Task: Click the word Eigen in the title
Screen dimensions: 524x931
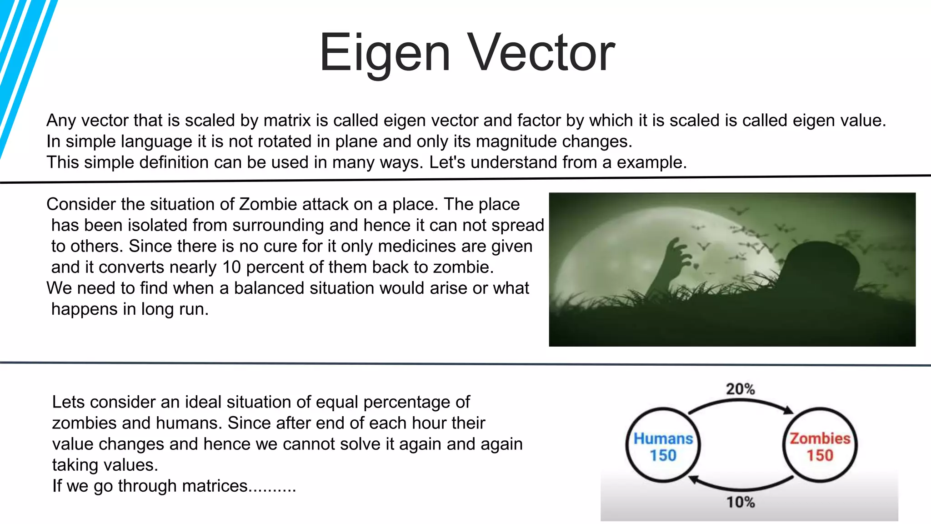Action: [x=385, y=54]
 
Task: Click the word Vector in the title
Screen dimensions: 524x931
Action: [x=541, y=54]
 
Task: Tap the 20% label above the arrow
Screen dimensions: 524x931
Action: [x=740, y=389]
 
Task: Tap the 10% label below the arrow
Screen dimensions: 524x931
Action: [x=740, y=502]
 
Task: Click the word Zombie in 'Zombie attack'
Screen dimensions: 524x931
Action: [x=268, y=204]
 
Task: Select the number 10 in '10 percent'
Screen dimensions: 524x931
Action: [x=231, y=267]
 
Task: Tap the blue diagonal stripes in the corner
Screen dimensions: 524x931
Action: [x=23, y=55]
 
